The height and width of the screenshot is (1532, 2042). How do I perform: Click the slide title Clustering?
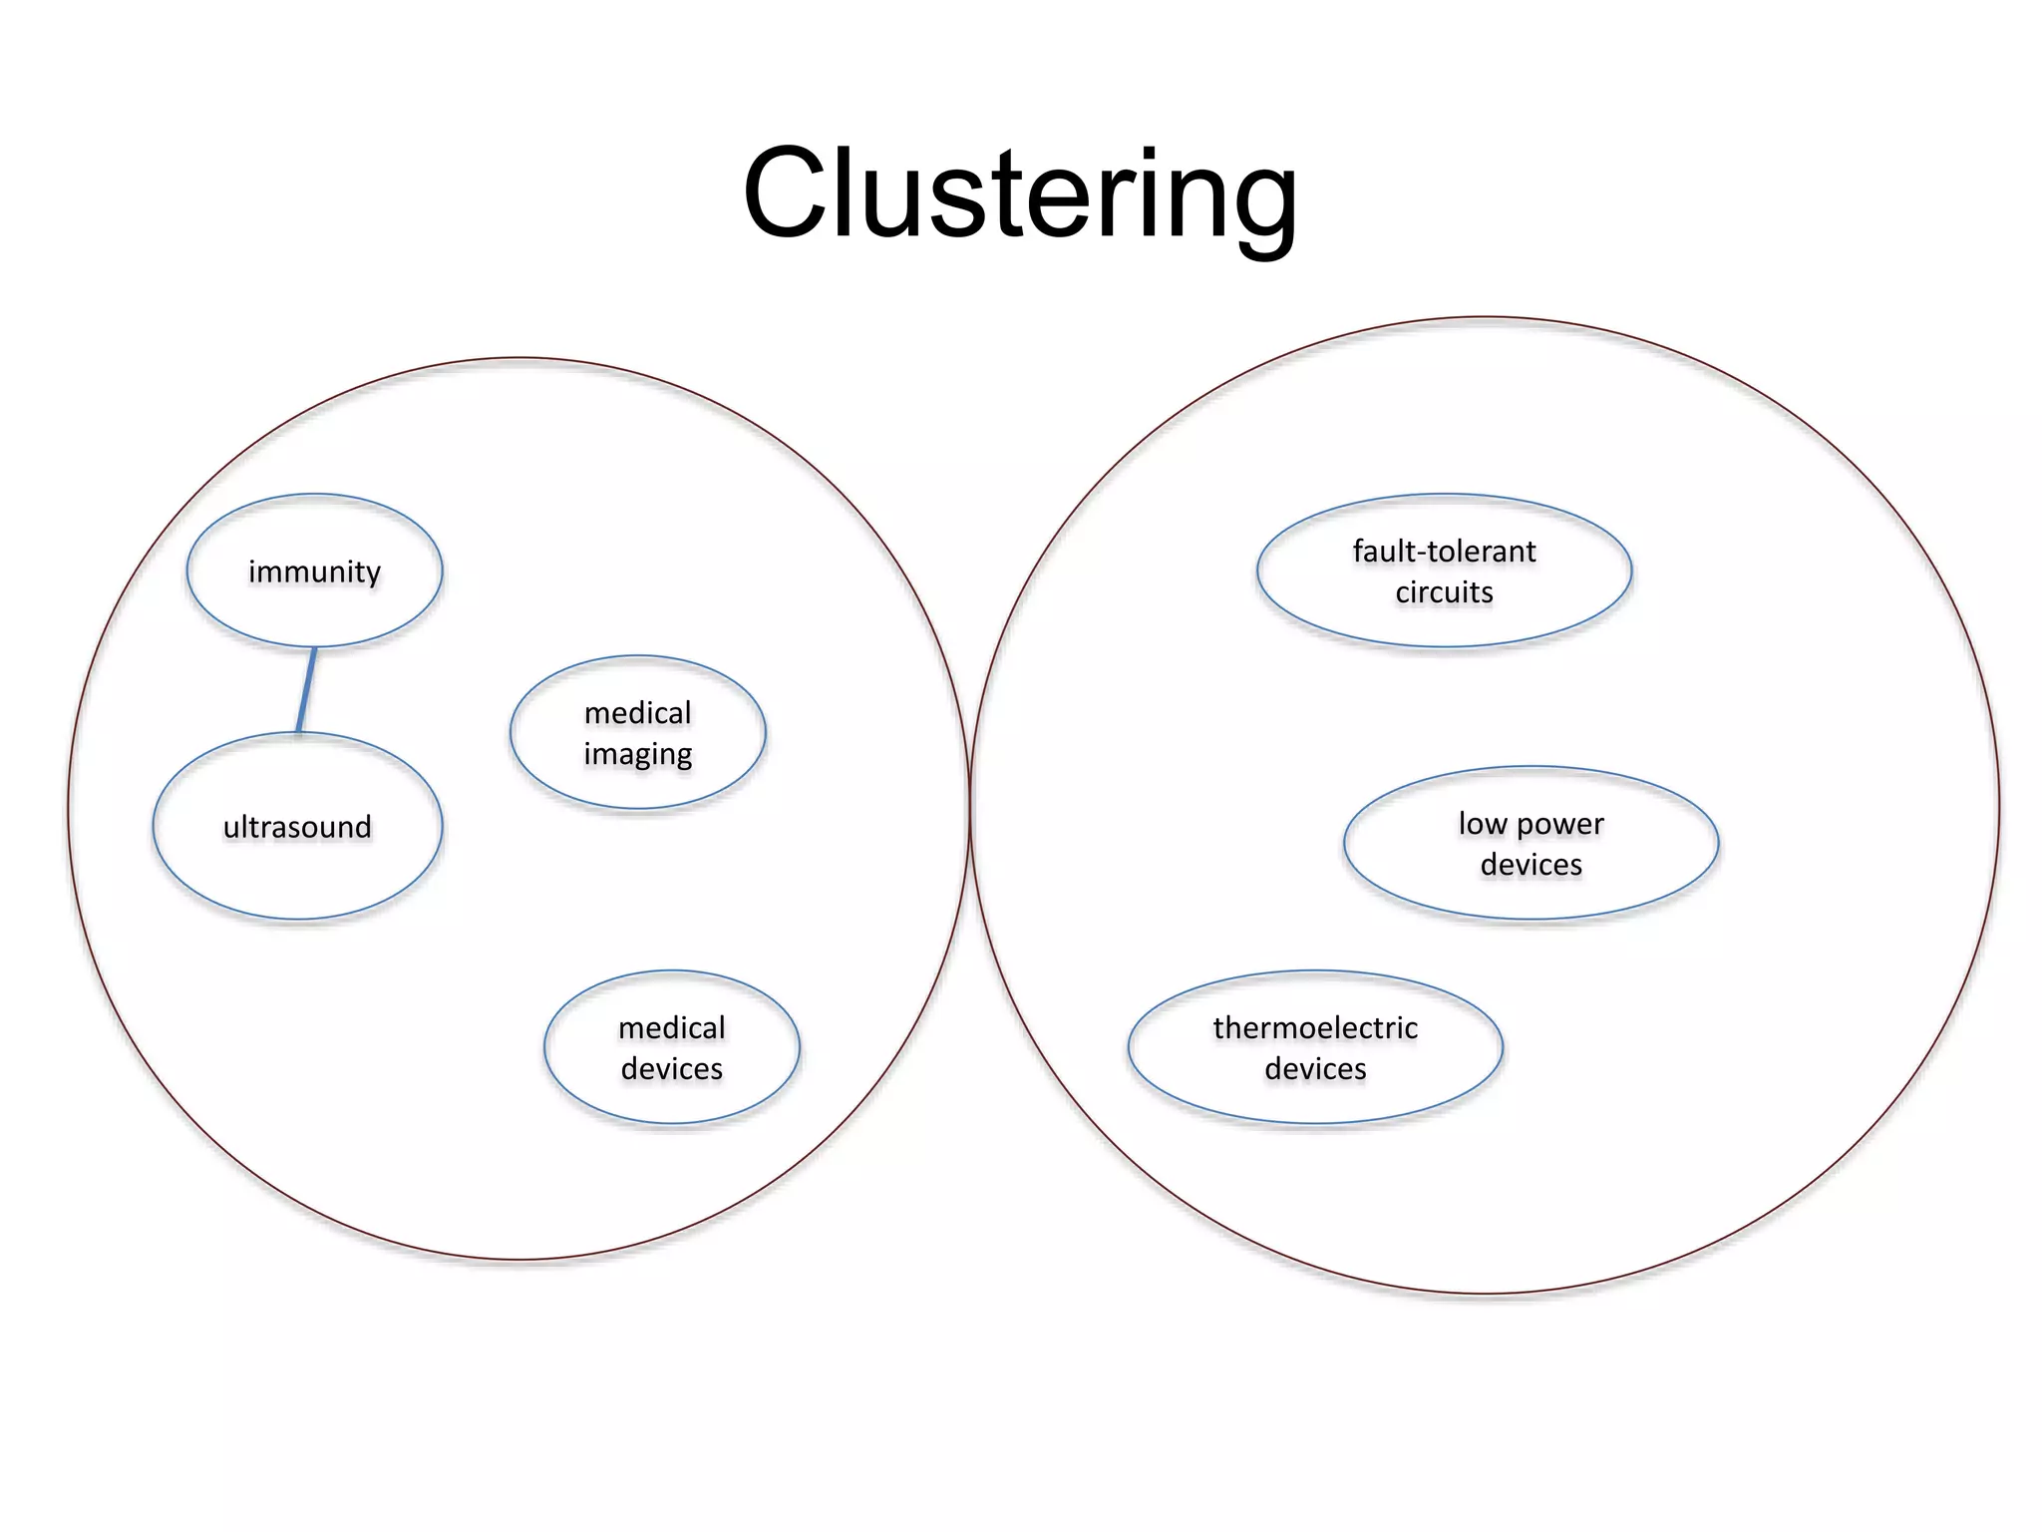tap(1019, 194)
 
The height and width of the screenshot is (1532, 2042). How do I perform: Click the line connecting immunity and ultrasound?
tap(307, 689)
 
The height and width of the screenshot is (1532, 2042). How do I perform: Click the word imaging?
tap(638, 754)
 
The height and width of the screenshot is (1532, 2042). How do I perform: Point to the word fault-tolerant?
tap(1444, 551)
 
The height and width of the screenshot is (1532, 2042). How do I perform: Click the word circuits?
tap(1444, 592)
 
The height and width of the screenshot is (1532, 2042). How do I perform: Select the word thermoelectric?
tap(1315, 1027)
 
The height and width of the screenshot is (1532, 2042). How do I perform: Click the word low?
tap(1482, 824)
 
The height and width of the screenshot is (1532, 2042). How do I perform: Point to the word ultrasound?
tap(297, 827)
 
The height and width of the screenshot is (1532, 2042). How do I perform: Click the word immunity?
tap(314, 572)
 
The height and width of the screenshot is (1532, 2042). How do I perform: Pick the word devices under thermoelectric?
tap(1315, 1068)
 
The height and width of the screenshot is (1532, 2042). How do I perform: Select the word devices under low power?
tap(1531, 865)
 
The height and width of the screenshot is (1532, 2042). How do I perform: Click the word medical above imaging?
tap(638, 713)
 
